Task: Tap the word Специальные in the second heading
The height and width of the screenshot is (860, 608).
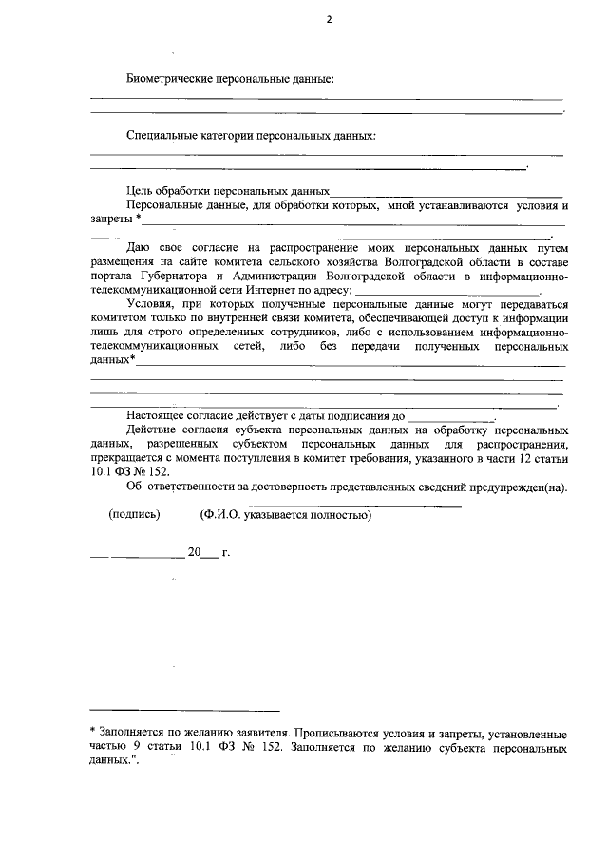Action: pos(161,135)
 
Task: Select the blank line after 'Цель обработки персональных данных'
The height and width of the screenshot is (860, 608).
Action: pos(446,193)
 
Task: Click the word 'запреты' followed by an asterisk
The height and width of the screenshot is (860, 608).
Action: pos(110,220)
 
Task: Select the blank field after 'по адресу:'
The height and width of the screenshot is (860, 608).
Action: pos(446,292)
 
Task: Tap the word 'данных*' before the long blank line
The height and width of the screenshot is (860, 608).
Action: pos(111,361)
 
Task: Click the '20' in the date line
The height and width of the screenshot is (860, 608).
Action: pos(194,552)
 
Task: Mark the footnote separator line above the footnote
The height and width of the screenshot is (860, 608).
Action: pos(184,710)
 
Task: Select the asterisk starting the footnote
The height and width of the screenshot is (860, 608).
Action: pos(92,733)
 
